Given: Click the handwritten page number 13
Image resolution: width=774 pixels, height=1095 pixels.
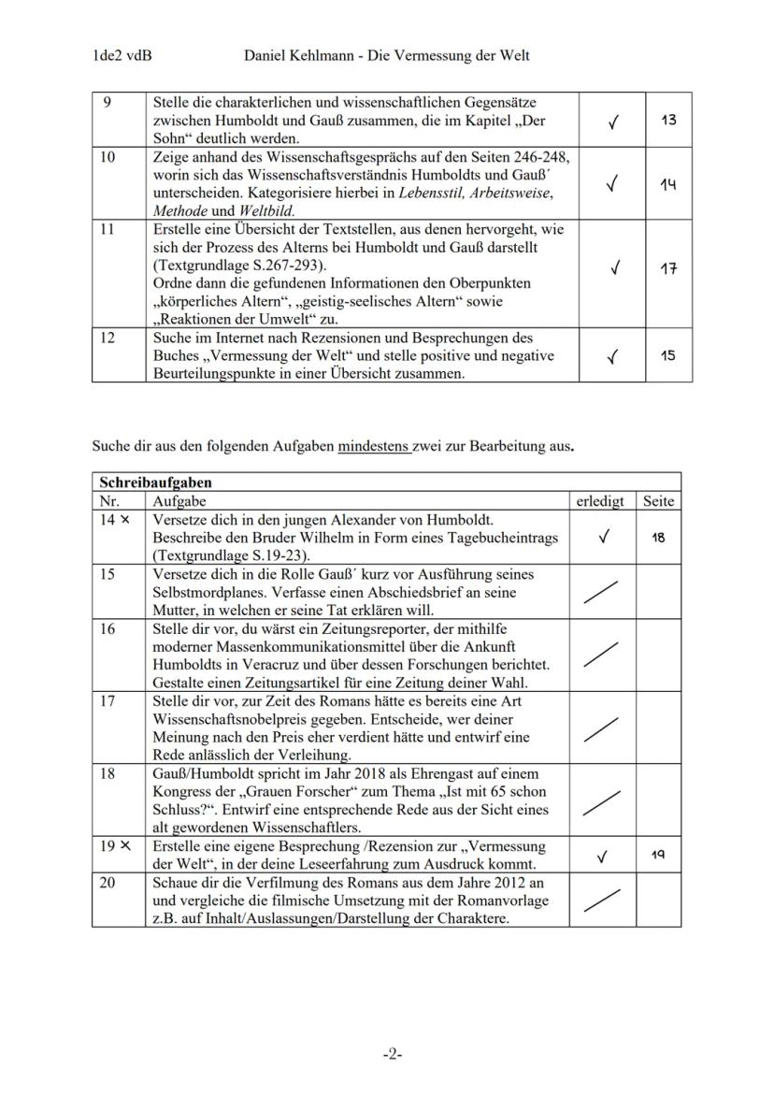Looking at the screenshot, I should point(667,120).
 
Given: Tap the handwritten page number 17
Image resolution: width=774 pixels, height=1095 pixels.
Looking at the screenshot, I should point(667,269).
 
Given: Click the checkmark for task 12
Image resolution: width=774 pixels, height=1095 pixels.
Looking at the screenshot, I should point(611,356).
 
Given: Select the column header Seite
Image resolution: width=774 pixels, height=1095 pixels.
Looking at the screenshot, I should point(658,501).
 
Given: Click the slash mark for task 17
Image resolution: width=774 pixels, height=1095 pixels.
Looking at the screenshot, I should point(600,728).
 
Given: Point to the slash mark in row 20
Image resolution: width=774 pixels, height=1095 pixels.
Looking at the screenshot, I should point(600,900).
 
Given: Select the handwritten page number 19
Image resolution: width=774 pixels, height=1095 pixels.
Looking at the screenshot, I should point(659,853).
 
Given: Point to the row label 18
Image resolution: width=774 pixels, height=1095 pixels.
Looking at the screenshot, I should point(107,773).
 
